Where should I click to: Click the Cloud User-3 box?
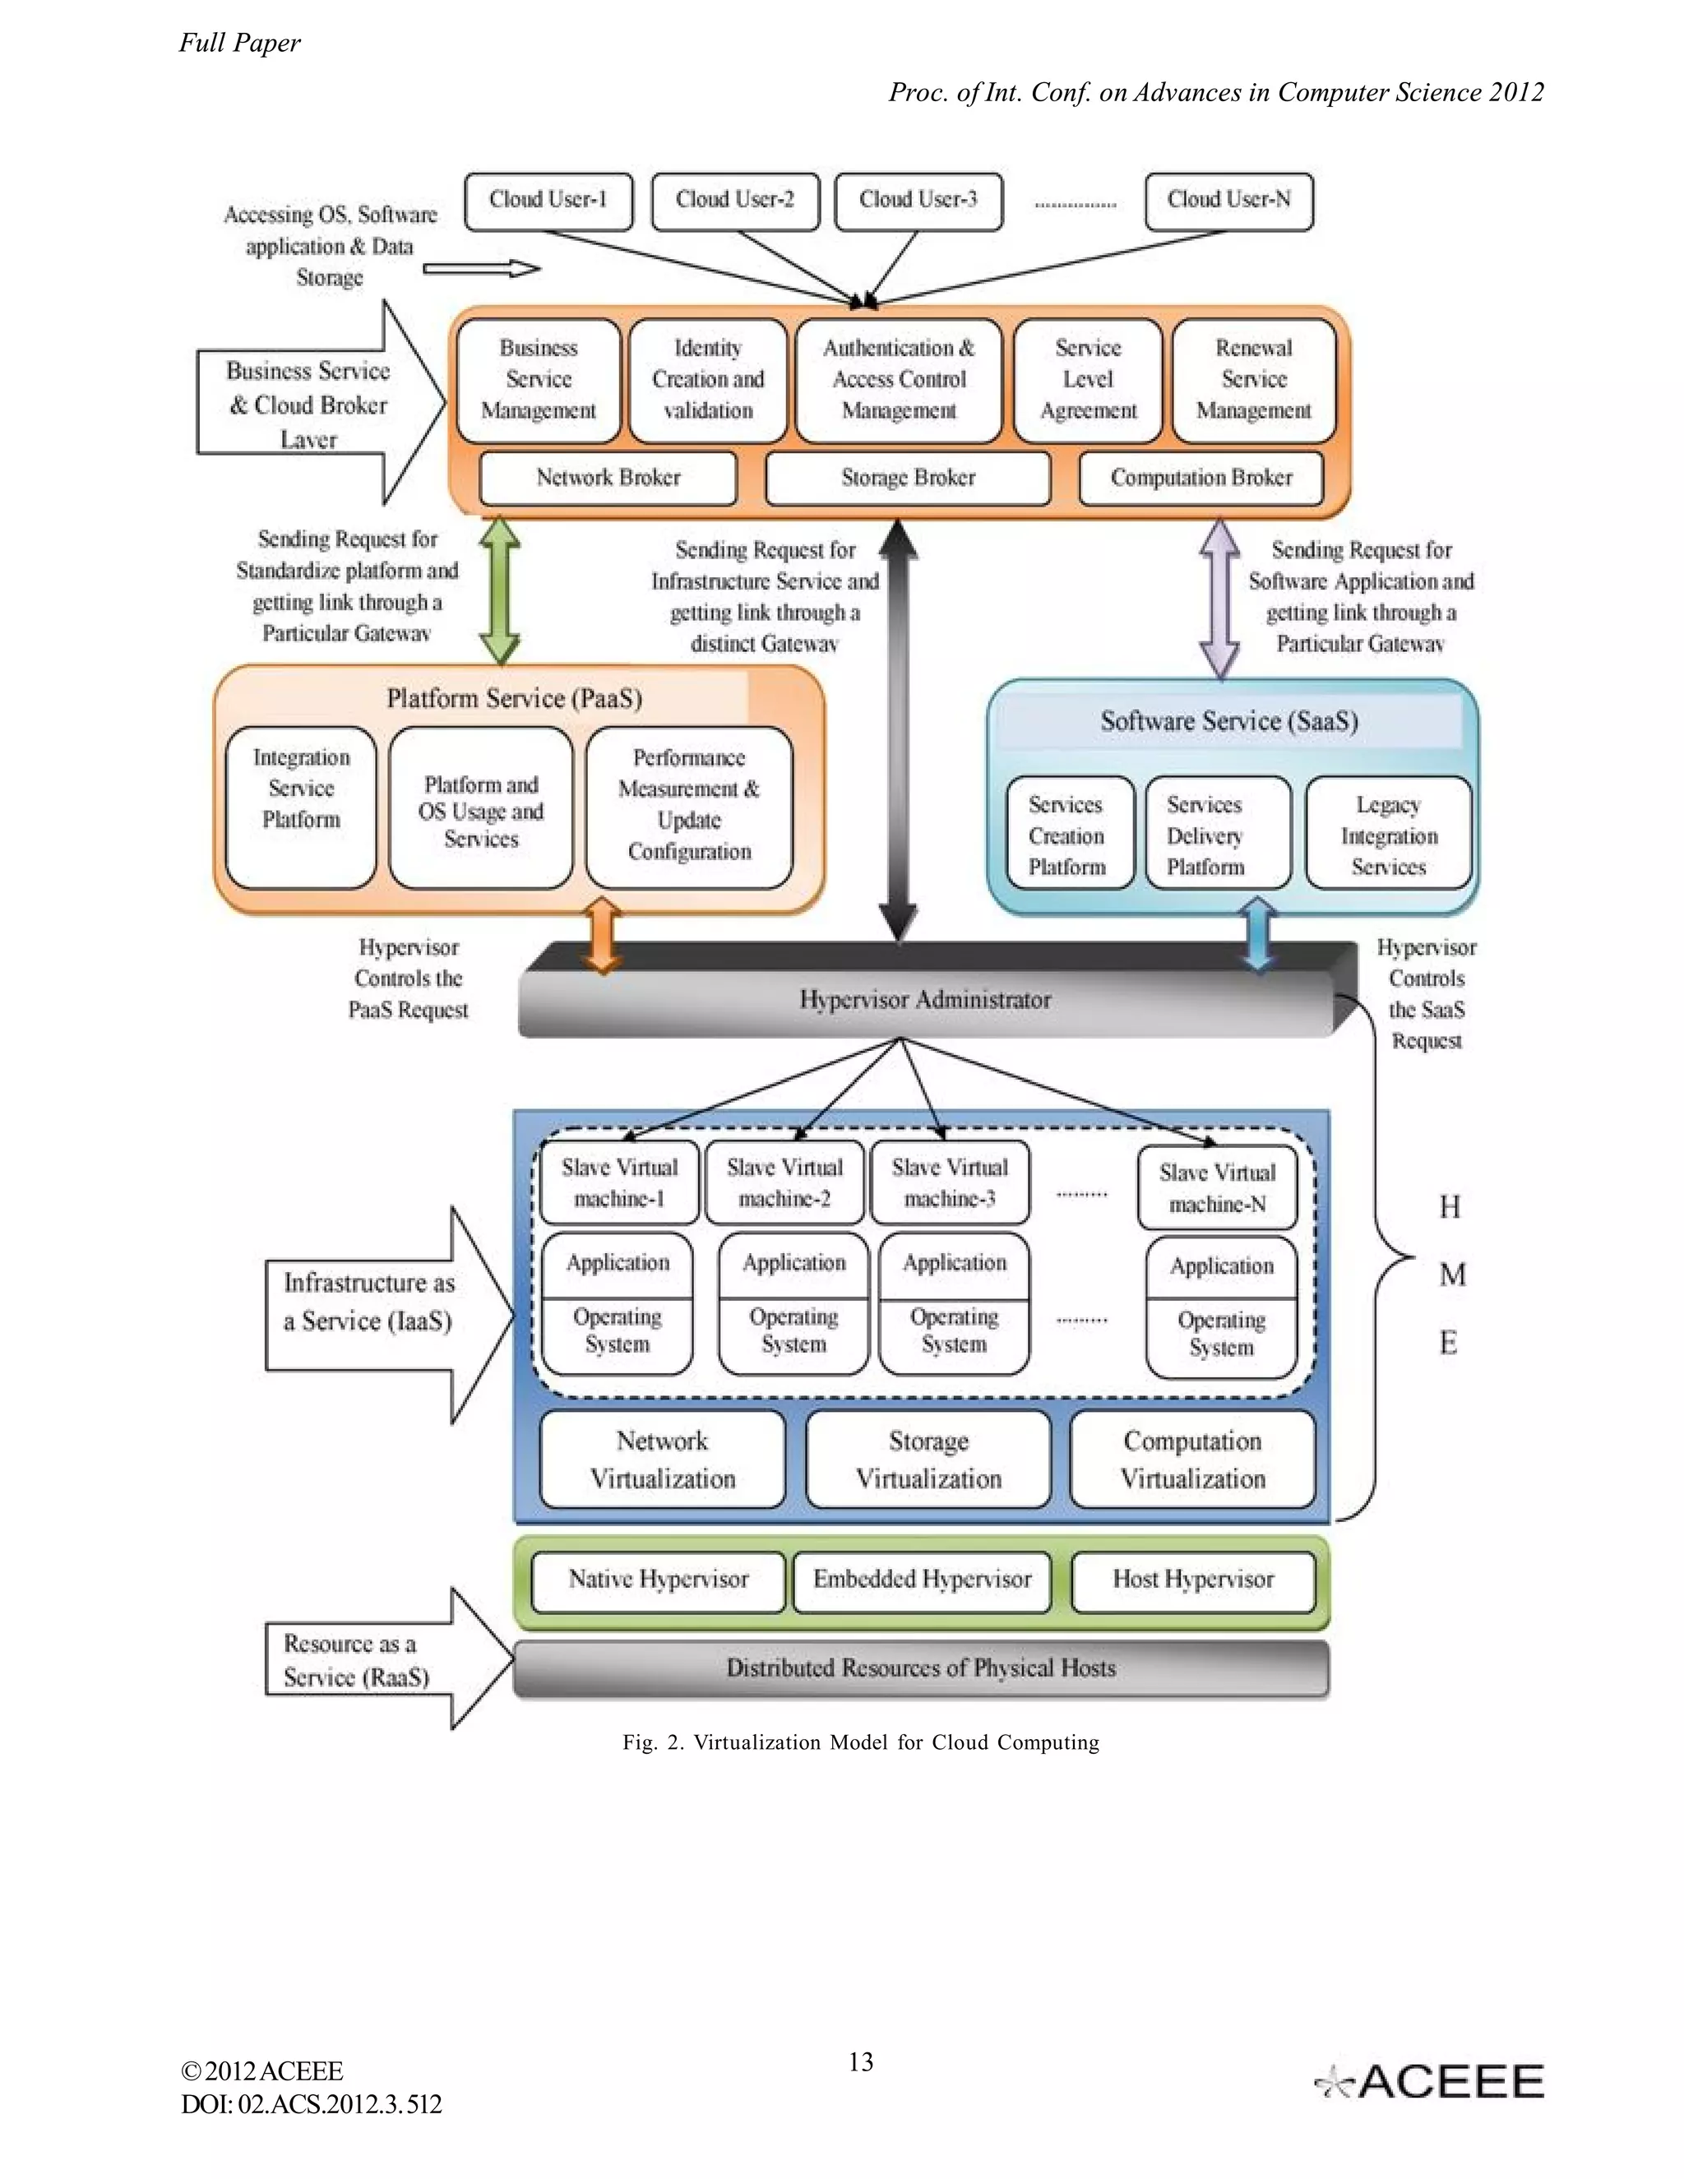coord(918,201)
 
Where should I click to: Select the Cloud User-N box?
coord(1228,201)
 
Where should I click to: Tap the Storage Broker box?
coord(908,478)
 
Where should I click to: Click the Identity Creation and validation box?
coord(707,380)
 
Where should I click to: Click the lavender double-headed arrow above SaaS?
coord(1219,599)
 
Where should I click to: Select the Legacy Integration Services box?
coord(1388,834)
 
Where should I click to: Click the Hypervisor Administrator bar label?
coord(925,1000)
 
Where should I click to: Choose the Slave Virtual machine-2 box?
coord(784,1182)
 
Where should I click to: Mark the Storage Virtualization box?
coord(928,1459)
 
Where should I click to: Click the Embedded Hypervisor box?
coord(922,1580)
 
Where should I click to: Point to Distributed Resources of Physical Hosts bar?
coord(920,1668)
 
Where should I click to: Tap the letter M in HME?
coord(1451,1275)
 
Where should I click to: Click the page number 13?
coord(860,2062)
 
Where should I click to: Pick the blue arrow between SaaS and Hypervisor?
coord(1258,934)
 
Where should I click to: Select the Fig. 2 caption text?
coord(860,1743)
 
